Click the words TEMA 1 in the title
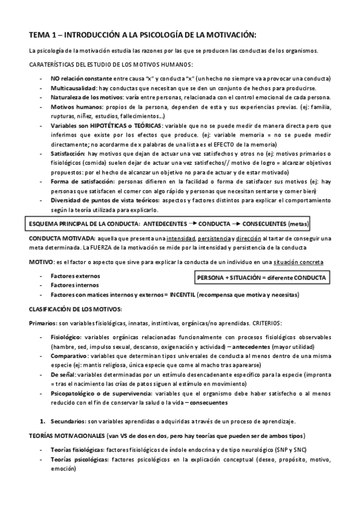43,34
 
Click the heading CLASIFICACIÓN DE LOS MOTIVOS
75,309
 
